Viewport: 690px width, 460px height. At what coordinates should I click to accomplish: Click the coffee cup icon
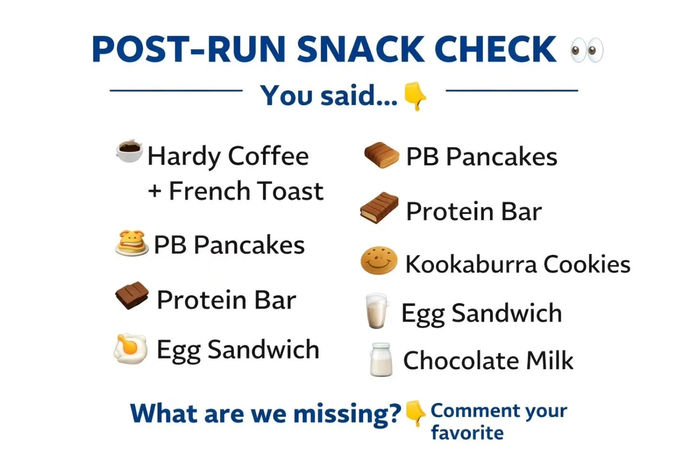coord(129,151)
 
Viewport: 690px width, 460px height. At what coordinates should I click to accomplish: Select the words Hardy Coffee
coord(228,156)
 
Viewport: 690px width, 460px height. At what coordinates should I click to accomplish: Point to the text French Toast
coord(246,191)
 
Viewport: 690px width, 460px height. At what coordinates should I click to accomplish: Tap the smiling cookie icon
coord(379,261)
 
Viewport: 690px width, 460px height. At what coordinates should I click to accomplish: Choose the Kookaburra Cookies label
coord(517,264)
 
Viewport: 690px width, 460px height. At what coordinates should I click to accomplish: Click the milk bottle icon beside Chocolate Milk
coord(381,359)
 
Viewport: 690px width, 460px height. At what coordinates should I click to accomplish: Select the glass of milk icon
coord(377,311)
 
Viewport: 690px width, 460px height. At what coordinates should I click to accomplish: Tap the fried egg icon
coord(130,349)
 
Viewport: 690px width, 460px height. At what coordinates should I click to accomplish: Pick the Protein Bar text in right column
coord(473,212)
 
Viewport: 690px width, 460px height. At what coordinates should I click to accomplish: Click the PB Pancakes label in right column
coord(481,157)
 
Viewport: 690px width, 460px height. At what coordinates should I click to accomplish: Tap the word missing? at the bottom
coord(347,414)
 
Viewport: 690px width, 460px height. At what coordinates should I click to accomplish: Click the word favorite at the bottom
coord(467,433)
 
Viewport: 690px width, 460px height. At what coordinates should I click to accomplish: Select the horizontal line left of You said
coord(176,90)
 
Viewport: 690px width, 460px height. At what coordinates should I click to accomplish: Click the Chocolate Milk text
coord(488,361)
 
